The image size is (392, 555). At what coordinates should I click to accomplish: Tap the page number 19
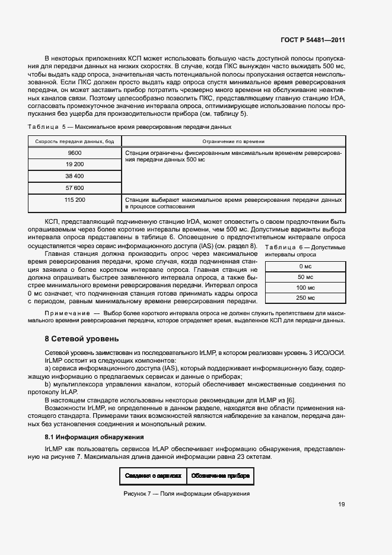click(342, 505)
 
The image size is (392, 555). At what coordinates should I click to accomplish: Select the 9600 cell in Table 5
click(75, 153)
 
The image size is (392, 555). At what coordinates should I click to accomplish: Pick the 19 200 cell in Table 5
click(75, 164)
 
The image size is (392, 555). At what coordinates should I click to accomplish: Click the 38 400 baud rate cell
click(75, 176)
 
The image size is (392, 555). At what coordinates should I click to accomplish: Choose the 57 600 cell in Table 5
click(75, 188)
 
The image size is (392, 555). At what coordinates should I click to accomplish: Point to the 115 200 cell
click(75, 200)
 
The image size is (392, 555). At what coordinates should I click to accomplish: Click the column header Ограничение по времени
click(233, 141)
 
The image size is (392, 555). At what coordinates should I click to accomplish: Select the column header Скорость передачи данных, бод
click(75, 141)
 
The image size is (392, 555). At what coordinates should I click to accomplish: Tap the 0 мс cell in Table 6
click(305, 267)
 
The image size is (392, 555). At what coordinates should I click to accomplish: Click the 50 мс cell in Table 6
click(305, 277)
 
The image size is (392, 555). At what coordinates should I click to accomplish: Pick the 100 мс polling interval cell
click(305, 287)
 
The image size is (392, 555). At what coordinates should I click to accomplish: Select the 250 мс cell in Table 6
click(305, 298)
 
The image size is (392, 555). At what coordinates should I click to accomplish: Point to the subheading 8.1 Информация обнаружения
click(93, 437)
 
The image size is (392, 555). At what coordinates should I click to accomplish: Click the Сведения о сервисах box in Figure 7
click(153, 475)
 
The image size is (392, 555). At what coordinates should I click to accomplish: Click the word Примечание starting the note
click(65, 312)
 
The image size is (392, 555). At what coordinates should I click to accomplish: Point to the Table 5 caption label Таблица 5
click(47, 127)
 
